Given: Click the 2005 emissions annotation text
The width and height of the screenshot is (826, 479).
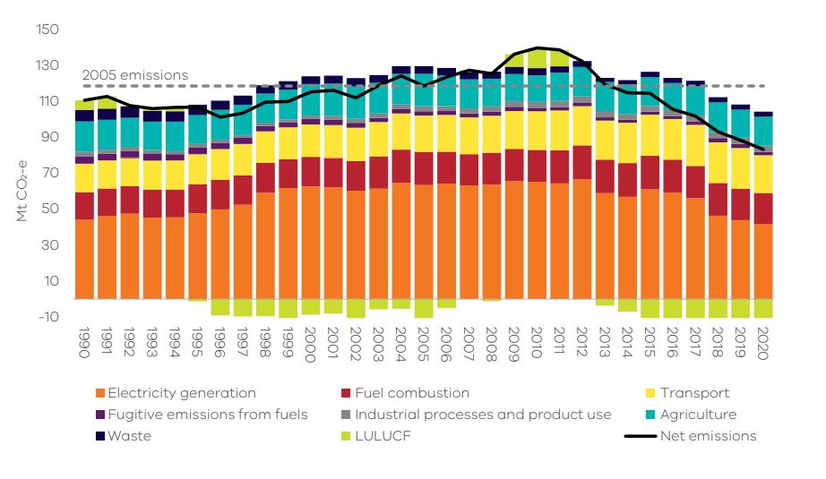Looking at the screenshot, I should pos(135,75).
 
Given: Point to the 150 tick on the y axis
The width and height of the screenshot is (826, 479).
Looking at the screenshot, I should pos(47,30).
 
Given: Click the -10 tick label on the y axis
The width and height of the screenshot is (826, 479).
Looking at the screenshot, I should pos(47,316).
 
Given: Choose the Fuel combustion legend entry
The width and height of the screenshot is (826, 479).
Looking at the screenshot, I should pos(411,393).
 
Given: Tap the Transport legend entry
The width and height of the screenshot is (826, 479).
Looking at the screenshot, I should pos(693,393).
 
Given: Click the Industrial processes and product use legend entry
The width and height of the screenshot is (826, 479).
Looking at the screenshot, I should pos(483,415).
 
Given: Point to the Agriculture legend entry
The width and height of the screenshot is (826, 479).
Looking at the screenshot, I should pos(697,415).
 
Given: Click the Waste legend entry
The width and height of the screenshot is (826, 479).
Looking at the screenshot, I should pos(129,436).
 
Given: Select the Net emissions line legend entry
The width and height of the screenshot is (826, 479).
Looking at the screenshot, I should pos(708,436).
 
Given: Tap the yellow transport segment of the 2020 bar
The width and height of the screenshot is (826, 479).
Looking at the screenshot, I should pos(763,174).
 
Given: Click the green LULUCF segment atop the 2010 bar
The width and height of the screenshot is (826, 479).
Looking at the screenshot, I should pos(537,58).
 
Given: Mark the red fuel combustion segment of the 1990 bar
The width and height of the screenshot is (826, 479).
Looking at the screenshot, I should pos(85,205).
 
